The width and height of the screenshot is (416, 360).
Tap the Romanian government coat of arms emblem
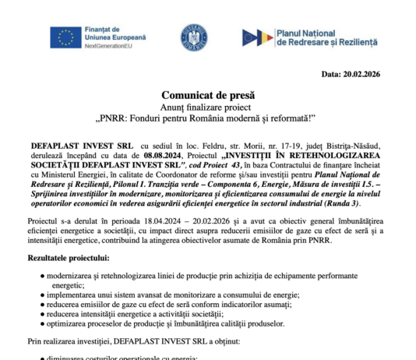coord(193,37)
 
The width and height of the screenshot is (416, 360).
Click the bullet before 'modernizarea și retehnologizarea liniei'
coord(41,277)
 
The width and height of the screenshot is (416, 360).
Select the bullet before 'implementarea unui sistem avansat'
coord(41,295)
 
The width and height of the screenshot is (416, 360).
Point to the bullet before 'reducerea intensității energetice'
coord(41,314)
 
